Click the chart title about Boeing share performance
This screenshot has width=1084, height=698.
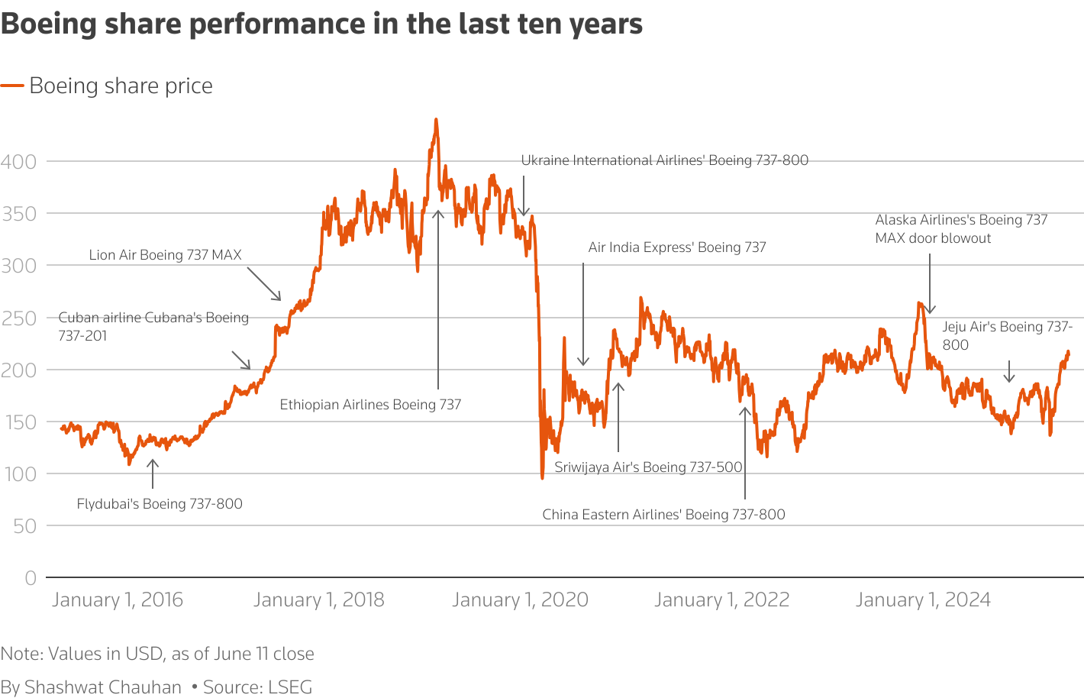click(x=321, y=24)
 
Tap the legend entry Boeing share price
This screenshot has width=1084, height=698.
click(x=121, y=86)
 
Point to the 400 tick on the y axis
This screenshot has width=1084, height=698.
click(x=19, y=161)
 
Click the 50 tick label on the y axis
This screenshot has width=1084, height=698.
click(x=24, y=525)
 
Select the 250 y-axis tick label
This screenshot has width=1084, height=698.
click(x=19, y=318)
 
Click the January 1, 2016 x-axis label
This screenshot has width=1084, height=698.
click(x=118, y=600)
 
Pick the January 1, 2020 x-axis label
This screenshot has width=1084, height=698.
click(x=520, y=600)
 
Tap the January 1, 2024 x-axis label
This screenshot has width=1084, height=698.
click(x=923, y=600)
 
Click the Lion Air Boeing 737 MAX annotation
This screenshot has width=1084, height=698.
click(x=165, y=255)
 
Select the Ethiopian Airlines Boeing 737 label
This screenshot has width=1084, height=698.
click(x=370, y=405)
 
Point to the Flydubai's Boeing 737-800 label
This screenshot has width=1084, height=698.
click(x=160, y=504)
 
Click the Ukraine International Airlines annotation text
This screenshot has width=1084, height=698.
click(x=664, y=160)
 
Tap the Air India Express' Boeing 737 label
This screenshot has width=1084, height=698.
click(x=676, y=247)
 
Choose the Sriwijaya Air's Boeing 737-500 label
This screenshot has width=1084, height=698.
click(x=648, y=467)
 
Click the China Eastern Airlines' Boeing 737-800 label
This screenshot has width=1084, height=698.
click(x=663, y=515)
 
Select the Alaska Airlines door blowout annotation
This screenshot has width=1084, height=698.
click(x=960, y=229)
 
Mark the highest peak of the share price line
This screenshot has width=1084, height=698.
click(x=436, y=120)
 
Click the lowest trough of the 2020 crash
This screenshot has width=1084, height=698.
click(x=542, y=477)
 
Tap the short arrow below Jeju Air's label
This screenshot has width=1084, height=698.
click(x=1009, y=372)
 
